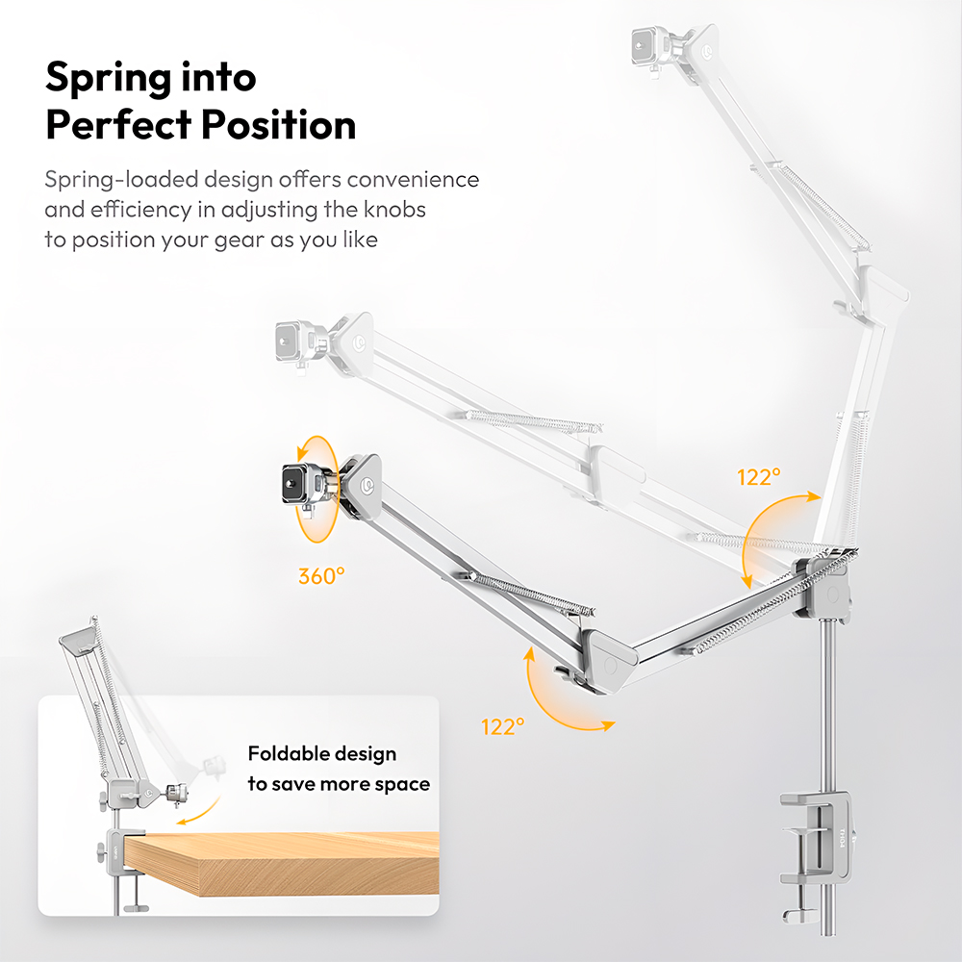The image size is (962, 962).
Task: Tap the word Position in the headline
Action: (x=279, y=124)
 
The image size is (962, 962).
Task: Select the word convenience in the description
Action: (x=413, y=179)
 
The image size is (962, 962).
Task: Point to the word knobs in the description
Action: (x=394, y=209)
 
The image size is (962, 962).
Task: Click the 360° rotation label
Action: (x=321, y=575)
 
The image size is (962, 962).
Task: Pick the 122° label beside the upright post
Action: (x=759, y=477)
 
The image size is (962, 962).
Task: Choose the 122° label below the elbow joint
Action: (x=502, y=726)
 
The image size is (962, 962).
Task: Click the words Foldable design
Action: (x=322, y=753)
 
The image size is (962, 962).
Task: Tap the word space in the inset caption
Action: (x=402, y=785)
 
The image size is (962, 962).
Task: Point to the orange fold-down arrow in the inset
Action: (x=198, y=811)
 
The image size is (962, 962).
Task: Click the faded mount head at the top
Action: (x=652, y=46)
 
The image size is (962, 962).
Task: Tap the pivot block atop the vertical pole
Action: (x=822, y=587)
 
